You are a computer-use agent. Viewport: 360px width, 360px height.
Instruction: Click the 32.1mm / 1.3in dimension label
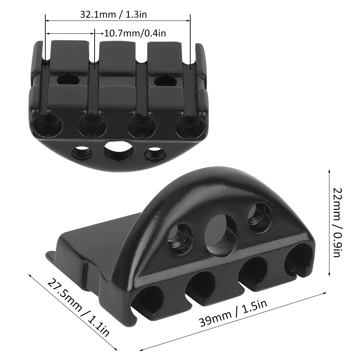pos(113,14)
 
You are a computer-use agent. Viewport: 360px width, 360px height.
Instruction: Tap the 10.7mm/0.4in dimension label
pos(135,33)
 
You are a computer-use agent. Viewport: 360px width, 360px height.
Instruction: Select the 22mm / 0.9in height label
pos(338,223)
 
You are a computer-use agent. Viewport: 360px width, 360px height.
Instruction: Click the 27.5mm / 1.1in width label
pos(78,307)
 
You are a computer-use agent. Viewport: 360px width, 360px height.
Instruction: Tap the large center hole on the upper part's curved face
pos(118,152)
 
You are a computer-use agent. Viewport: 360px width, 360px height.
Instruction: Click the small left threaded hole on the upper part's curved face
pos(82,153)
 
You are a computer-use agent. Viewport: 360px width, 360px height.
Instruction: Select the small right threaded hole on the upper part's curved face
pos(155,154)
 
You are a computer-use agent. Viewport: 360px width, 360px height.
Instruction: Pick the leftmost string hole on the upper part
pos(47,125)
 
